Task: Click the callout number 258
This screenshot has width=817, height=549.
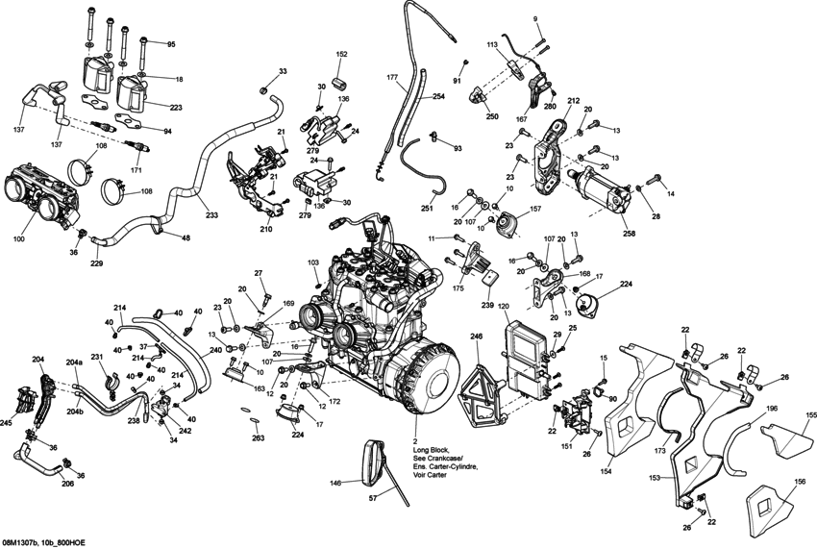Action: (x=629, y=233)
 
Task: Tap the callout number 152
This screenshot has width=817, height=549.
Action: (x=341, y=55)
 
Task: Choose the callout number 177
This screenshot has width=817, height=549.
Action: (x=392, y=76)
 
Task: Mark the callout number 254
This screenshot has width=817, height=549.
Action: (x=438, y=97)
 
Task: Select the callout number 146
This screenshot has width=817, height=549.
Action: (x=335, y=484)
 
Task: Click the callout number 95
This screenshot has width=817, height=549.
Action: (x=171, y=45)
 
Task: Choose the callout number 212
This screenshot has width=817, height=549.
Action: (x=573, y=100)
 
